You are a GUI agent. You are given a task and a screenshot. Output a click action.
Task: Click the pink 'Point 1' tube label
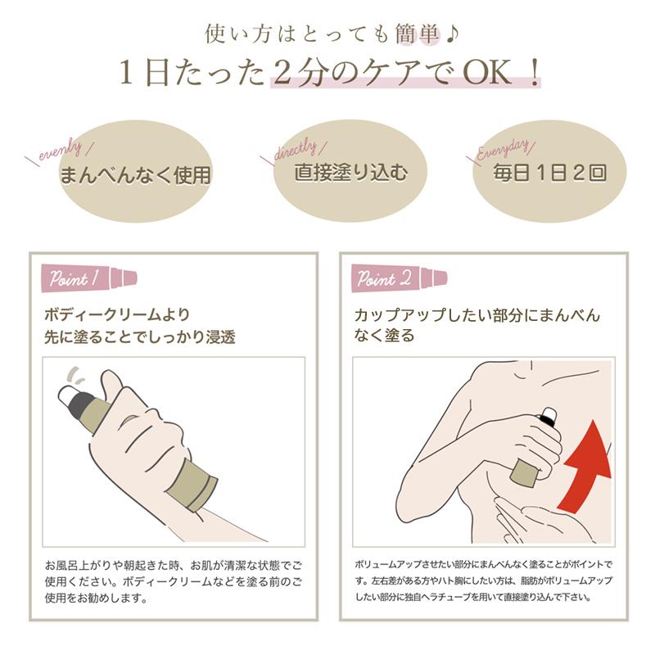[x=89, y=278]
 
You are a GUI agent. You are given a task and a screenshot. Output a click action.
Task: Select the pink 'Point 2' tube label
[x=398, y=278]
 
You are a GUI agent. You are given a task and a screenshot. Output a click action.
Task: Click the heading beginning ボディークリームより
[x=140, y=326]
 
